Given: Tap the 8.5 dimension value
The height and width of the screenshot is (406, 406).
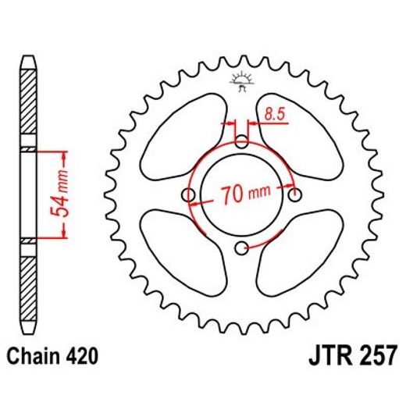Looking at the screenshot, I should [273, 115].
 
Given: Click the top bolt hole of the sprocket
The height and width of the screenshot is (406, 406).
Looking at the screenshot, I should [243, 141].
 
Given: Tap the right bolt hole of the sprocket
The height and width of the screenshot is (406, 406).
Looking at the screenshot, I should [295, 194].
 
